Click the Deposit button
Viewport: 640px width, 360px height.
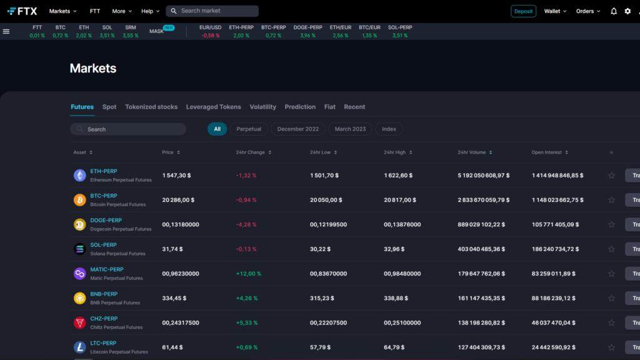click(523, 11)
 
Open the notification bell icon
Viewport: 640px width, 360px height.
click(614, 11)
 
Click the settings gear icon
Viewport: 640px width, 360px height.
click(627, 11)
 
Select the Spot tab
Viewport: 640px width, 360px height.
click(109, 107)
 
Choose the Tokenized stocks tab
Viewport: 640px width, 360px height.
click(151, 107)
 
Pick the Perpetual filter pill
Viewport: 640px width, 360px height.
click(249, 129)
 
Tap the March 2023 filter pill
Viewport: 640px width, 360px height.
click(350, 129)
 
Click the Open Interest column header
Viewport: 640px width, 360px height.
click(550, 152)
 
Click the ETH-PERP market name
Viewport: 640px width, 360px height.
click(104, 171)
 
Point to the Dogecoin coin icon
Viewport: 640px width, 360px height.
click(79, 224)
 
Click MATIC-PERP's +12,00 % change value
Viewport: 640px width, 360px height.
click(249, 274)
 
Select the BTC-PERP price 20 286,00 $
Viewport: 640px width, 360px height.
click(178, 200)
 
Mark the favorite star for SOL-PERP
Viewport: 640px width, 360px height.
click(611, 249)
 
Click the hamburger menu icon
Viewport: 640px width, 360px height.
click(6, 31)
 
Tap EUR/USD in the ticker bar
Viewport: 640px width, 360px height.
click(210, 27)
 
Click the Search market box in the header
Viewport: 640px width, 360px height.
click(212, 11)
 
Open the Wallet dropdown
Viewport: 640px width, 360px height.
click(555, 11)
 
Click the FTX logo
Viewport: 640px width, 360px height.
click(22, 11)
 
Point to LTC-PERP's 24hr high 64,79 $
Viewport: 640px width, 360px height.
click(395, 347)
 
